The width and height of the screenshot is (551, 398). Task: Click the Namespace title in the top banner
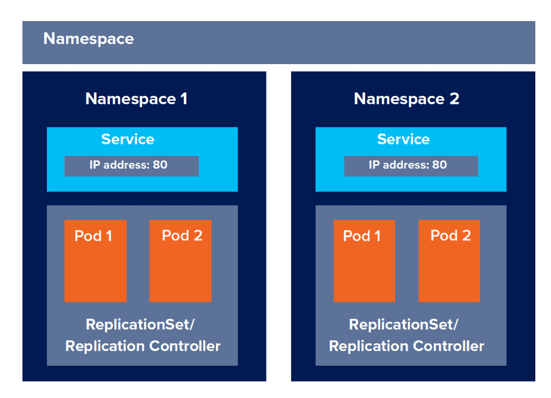click(88, 39)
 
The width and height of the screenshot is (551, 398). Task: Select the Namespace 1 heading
click(136, 98)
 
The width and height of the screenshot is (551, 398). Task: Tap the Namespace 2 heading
click(406, 98)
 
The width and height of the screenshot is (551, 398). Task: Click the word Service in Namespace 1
click(128, 139)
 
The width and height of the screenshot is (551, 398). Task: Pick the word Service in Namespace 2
click(403, 139)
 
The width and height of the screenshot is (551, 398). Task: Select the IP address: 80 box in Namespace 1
click(131, 166)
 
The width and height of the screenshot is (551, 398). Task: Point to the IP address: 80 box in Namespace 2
click(410, 166)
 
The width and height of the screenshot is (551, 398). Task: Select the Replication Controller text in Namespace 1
click(143, 346)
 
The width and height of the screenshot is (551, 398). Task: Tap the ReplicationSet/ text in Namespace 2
click(403, 324)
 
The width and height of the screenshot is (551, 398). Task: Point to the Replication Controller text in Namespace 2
click(406, 346)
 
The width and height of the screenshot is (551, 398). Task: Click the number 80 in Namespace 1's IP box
click(160, 165)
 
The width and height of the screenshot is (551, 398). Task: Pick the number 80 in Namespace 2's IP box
click(439, 165)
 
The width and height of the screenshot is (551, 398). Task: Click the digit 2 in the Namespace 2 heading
click(454, 98)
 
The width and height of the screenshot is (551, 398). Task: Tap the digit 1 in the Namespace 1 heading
click(184, 98)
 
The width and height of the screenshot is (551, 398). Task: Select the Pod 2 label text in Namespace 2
click(450, 236)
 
